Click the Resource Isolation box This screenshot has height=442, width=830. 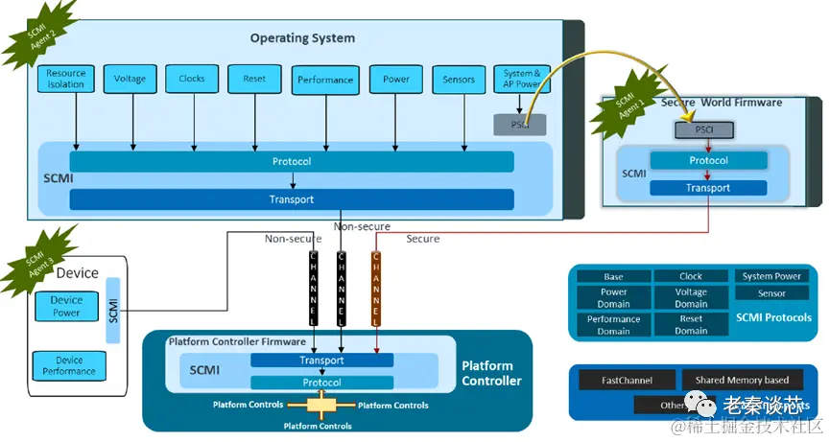click(66, 79)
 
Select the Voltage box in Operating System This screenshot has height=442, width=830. click(130, 79)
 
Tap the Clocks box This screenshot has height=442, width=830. click(192, 79)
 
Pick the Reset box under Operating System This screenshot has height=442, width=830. click(254, 79)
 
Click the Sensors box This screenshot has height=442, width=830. click(459, 80)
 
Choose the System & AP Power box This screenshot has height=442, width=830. click(522, 79)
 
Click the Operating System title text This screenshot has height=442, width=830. click(302, 38)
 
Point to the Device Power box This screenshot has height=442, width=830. click(66, 306)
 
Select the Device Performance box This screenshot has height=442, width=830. click(69, 365)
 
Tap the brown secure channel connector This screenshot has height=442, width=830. click(375, 288)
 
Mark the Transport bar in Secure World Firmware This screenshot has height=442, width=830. click(707, 188)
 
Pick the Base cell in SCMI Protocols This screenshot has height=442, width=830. click(613, 277)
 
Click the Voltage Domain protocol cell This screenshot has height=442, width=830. click(691, 298)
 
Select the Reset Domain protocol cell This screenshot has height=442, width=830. click(691, 324)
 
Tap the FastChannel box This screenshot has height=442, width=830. click(628, 381)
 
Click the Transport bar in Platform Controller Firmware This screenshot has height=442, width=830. click(321, 361)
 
